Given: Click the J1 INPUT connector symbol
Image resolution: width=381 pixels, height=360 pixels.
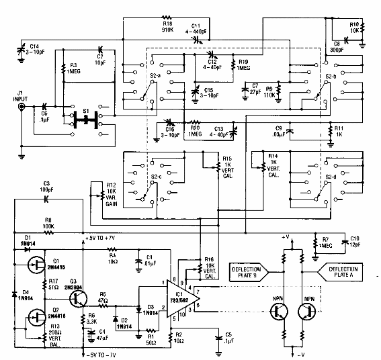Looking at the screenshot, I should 22,107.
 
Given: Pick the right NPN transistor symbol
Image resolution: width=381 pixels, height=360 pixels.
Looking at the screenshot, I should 308,311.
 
